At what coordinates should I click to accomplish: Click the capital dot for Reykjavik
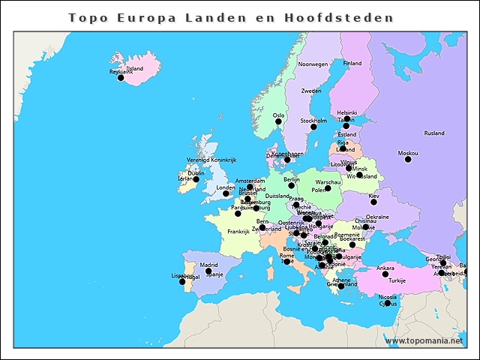tap(121, 77)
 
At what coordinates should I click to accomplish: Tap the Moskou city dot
tap(408, 159)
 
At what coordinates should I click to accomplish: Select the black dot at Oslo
tap(278, 121)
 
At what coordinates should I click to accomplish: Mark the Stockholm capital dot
tap(313, 127)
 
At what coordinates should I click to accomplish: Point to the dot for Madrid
tap(209, 271)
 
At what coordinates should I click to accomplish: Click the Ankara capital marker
tap(385, 274)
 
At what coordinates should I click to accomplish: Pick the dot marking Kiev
tap(373, 202)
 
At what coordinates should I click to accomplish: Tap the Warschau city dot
tap(328, 188)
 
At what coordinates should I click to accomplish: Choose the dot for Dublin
tap(196, 179)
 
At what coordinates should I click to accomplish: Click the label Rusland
tap(434, 133)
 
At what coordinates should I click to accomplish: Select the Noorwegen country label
tap(313, 64)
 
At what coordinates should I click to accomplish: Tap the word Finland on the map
tap(352, 64)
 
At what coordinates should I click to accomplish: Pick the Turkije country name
tap(397, 280)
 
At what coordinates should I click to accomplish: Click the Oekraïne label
tap(377, 217)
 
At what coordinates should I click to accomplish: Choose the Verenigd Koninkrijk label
tap(211, 160)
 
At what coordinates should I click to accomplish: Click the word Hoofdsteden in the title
tap(349, 18)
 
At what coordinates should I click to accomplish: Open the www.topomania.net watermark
tap(424, 340)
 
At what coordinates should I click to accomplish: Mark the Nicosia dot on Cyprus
tap(388, 303)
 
